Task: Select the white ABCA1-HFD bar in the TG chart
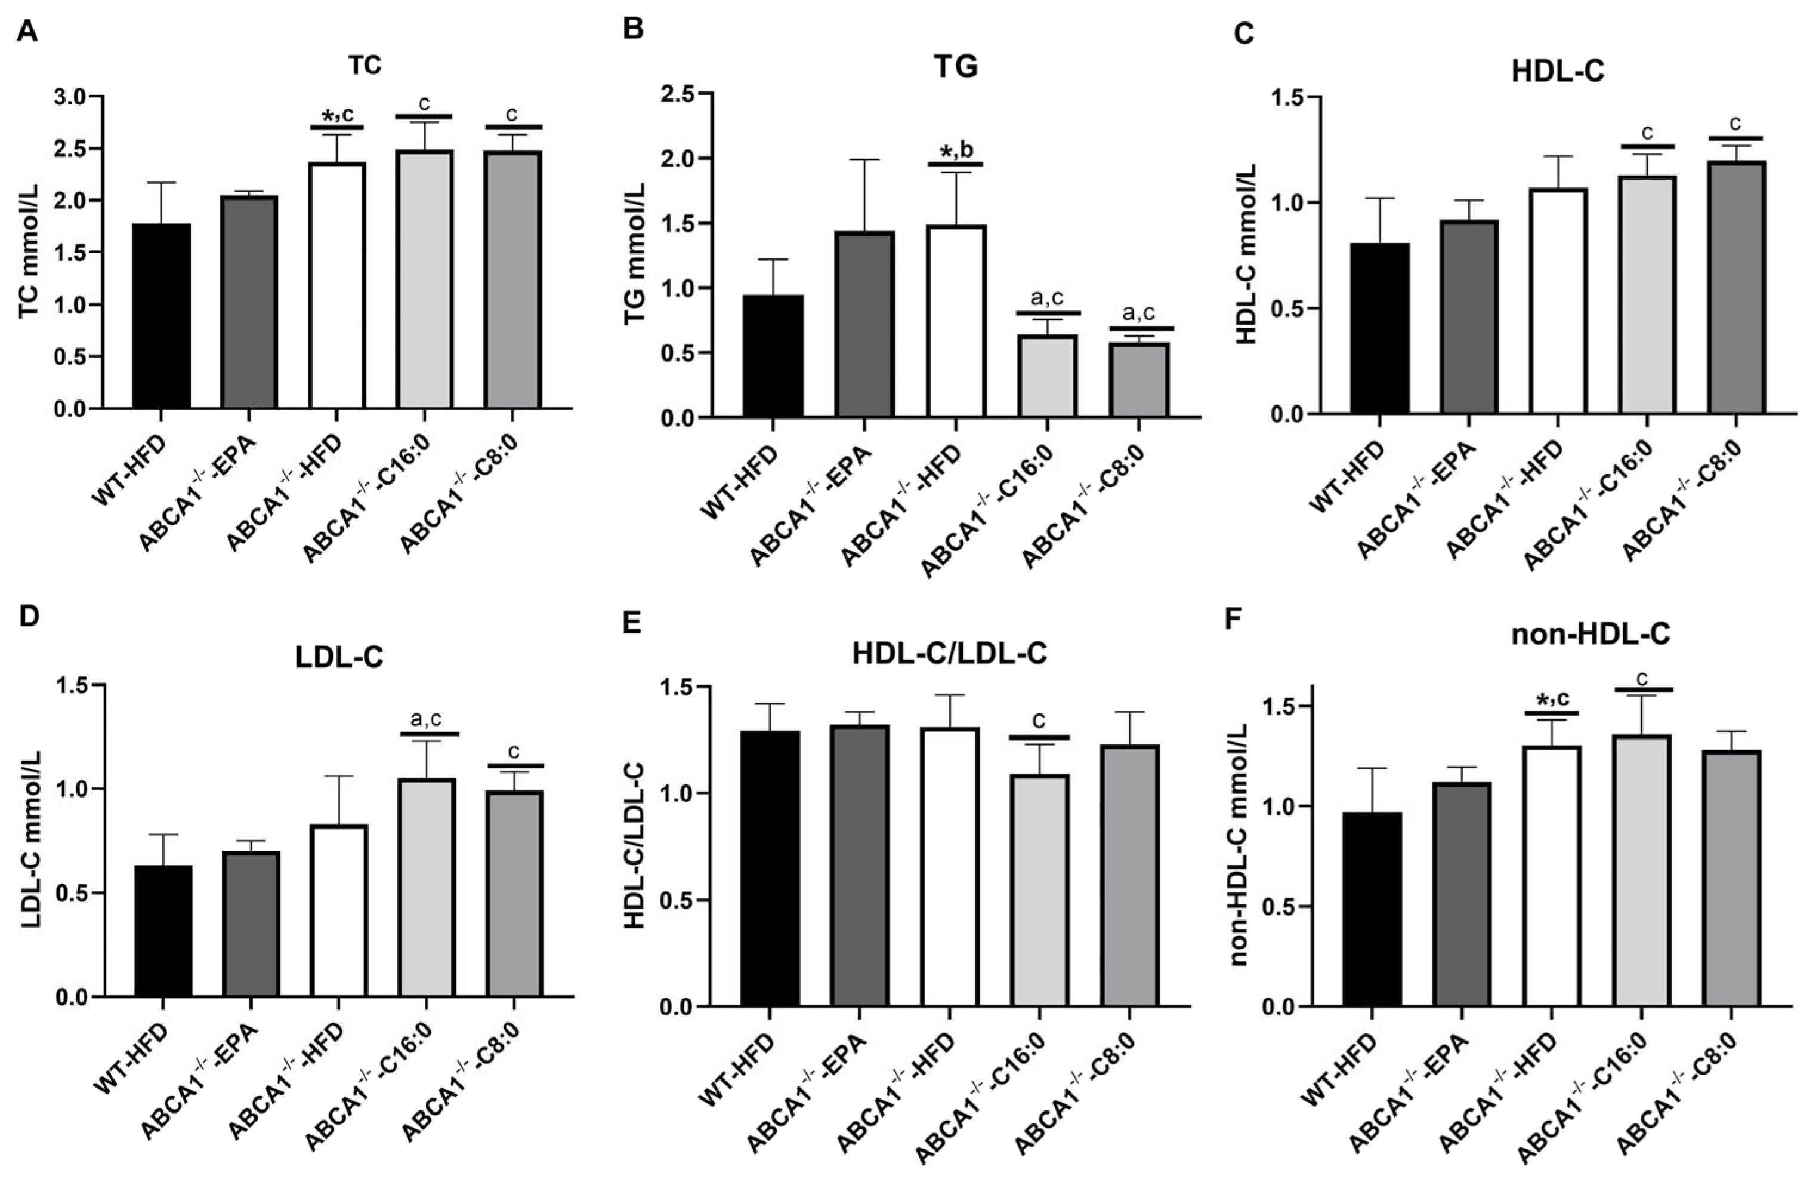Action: [x=956, y=321]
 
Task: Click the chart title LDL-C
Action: [x=339, y=658]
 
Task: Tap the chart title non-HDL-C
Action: [x=1591, y=635]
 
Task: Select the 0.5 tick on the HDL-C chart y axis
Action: [x=1286, y=309]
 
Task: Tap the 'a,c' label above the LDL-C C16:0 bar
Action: [x=426, y=719]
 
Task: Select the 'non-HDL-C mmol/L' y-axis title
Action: [x=1239, y=847]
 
